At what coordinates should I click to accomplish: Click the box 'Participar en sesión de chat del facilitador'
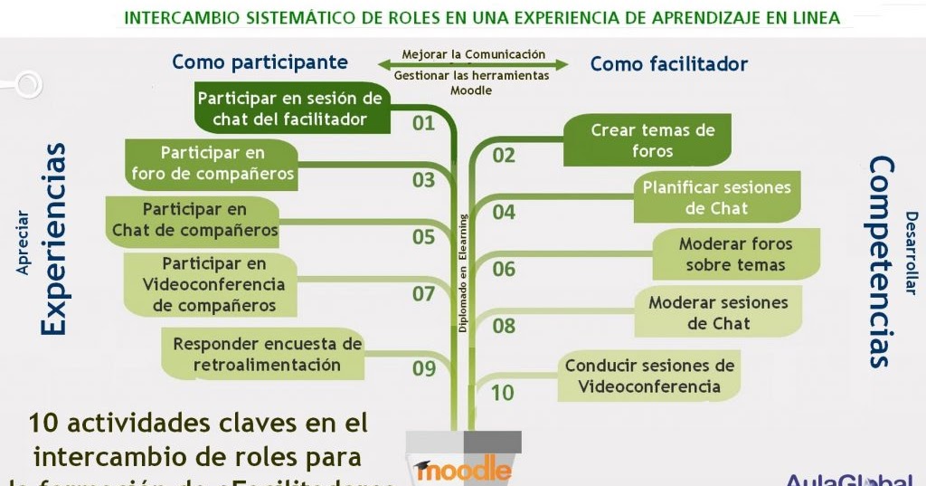[x=290, y=108]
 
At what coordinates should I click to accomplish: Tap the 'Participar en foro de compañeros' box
[x=213, y=164]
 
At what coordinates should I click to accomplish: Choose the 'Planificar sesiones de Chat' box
[x=716, y=197]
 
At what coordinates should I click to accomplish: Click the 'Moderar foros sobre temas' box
[x=735, y=254]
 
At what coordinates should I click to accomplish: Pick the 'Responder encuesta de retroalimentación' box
[x=267, y=354]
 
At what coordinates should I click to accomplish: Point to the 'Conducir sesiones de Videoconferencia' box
[x=649, y=376]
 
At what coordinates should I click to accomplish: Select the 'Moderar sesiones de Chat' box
[x=718, y=312]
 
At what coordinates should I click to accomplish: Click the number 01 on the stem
[x=424, y=123]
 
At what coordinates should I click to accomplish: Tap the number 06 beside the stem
[x=504, y=269]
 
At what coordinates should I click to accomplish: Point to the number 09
[x=424, y=368]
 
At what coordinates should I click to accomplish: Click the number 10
[x=503, y=393]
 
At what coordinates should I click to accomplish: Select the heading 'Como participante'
[x=260, y=62]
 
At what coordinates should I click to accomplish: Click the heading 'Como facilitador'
[x=669, y=63]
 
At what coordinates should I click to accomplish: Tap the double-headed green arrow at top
[x=473, y=65]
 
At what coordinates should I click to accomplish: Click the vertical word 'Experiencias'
[x=53, y=239]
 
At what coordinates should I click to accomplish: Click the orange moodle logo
[x=463, y=470]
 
